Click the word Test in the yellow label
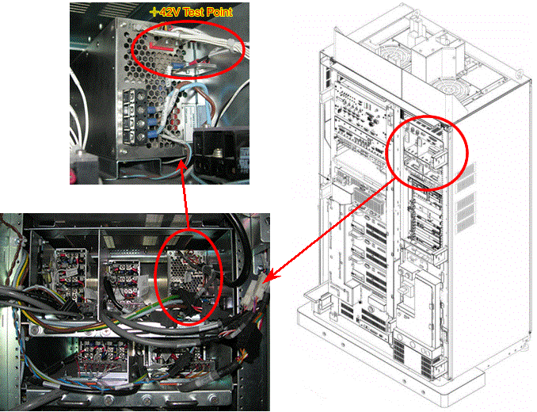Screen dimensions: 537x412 [x=196, y=13]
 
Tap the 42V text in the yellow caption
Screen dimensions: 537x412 [x=170, y=13]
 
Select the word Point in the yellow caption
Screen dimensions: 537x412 [x=221, y=13]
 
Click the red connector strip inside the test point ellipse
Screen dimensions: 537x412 [x=161, y=47]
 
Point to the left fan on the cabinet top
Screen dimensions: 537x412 [x=391, y=55]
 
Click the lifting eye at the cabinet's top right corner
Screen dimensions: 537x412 [x=520, y=74]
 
